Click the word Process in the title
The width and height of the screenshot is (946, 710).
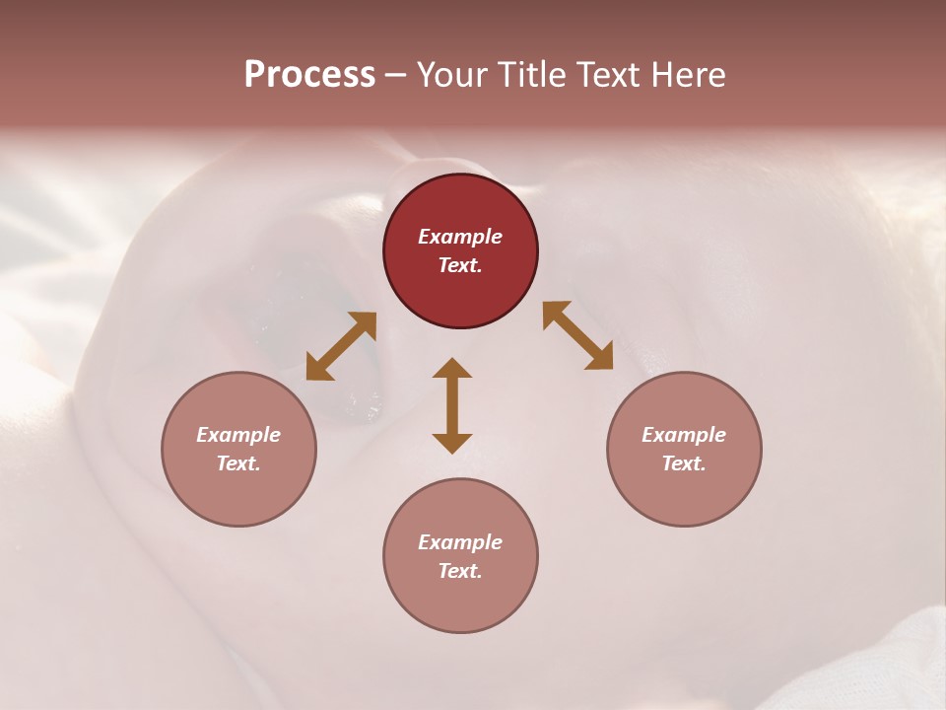click(309, 75)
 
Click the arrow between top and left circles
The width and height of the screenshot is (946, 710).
click(341, 346)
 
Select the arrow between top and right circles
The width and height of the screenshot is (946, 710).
click(577, 336)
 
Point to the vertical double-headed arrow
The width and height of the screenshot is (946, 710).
click(452, 405)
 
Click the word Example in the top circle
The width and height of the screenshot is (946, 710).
click(460, 237)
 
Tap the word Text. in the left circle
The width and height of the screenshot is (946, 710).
click(238, 463)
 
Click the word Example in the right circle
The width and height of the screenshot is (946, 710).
click(684, 435)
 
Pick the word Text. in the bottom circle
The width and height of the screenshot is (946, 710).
click(460, 571)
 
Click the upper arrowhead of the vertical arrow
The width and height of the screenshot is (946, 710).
click(452, 368)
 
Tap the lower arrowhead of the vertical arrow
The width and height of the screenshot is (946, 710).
click(452, 443)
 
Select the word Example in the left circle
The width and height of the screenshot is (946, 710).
click(238, 435)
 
